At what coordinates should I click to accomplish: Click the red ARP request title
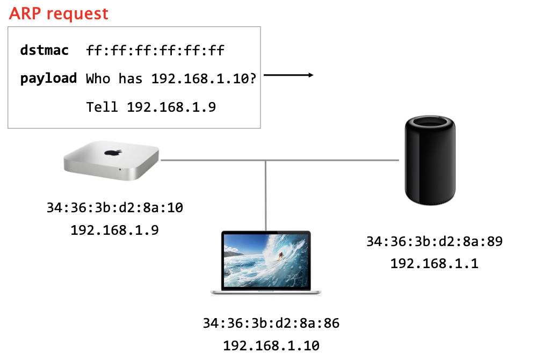[59, 13]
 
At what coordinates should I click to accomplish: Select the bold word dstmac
[45, 51]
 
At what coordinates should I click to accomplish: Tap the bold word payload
[48, 78]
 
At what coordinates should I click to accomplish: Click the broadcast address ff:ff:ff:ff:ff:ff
[155, 51]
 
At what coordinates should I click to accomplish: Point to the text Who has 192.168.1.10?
[171, 79]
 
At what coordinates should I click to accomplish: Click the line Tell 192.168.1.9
[151, 107]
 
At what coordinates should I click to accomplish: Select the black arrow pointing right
[288, 76]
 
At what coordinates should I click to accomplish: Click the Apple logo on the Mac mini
[112, 152]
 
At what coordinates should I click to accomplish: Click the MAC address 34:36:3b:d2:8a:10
[115, 207]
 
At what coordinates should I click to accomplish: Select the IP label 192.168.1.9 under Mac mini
[115, 230]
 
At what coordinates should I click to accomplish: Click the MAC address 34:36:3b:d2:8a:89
[434, 241]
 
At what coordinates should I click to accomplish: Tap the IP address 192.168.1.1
[434, 264]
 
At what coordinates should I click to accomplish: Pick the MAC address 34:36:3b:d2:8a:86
[271, 323]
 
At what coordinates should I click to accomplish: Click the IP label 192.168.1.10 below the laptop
[271, 345]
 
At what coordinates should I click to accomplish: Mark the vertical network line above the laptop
[266, 193]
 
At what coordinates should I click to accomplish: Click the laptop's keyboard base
[266, 291]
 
